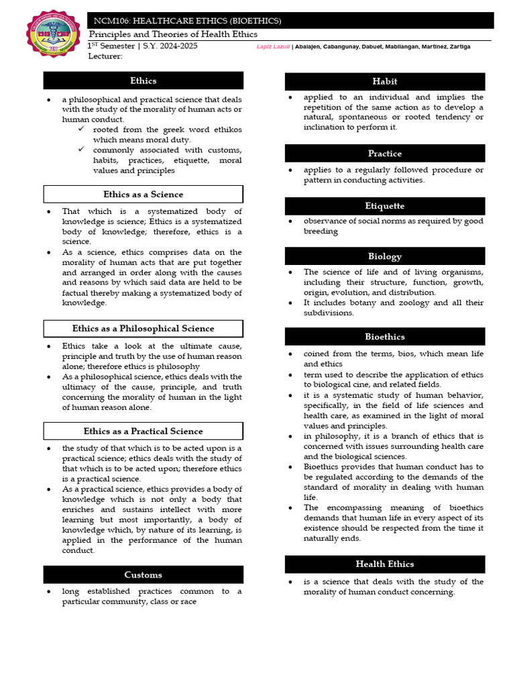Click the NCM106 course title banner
(x=291, y=21)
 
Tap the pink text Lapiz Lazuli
(x=273, y=47)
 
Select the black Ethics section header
(x=143, y=81)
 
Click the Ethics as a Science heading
(x=143, y=195)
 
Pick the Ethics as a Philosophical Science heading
(x=143, y=329)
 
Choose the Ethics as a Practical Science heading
(x=143, y=431)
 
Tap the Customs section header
(x=143, y=575)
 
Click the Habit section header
(x=384, y=81)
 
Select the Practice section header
(x=384, y=154)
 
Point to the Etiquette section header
(x=384, y=206)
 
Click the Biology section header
(x=384, y=256)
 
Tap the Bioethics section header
(x=384, y=337)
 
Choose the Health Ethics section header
(x=384, y=564)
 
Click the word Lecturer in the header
(x=105, y=57)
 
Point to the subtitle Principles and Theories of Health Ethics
(x=174, y=35)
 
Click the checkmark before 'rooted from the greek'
(x=81, y=129)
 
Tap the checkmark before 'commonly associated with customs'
(x=81, y=150)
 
